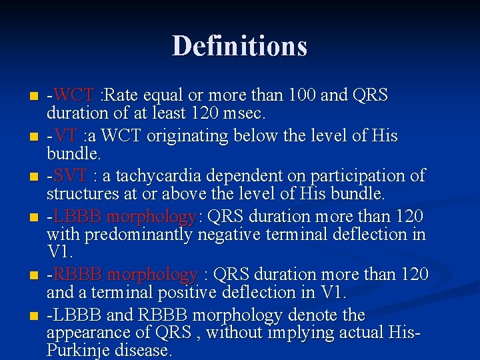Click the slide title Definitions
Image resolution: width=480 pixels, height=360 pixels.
click(239, 46)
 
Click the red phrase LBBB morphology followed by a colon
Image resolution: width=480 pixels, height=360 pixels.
click(125, 217)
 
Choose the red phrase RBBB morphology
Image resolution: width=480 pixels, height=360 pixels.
click(125, 275)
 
